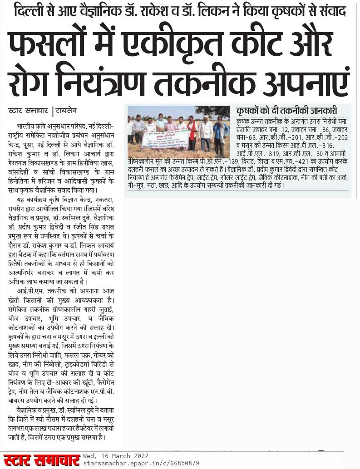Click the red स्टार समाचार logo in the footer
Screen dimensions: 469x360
(40, 459)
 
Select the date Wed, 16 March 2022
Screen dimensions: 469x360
(115, 455)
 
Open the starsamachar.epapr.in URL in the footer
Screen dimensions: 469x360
(141, 463)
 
